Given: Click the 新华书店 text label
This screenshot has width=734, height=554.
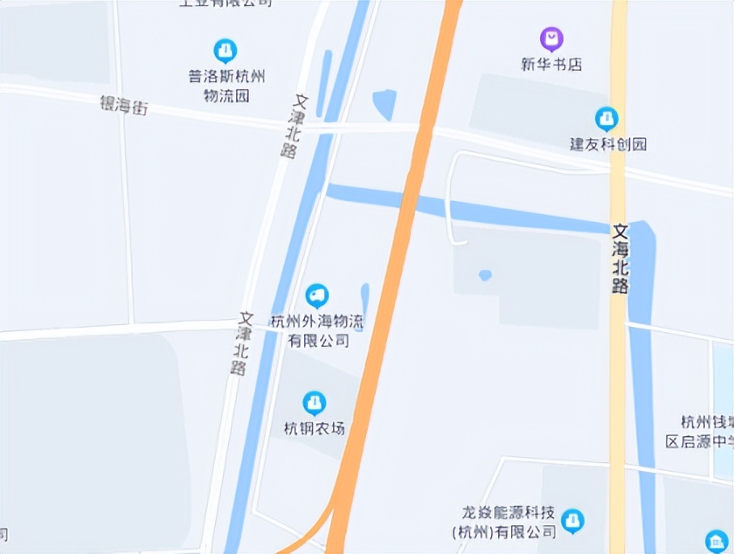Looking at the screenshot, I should (551, 65).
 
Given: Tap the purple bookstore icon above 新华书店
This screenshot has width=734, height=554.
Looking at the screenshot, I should (551, 38).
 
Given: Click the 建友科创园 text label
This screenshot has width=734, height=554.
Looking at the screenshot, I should (608, 145).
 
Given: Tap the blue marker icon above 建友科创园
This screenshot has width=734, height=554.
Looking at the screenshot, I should (606, 119).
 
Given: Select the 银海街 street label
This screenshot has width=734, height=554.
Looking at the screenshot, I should (124, 104).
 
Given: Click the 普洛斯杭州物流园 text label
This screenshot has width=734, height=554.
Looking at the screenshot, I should (226, 86).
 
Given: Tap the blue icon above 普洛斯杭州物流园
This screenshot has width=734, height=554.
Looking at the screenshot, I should (226, 51).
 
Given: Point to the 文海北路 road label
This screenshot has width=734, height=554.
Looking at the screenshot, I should (620, 259).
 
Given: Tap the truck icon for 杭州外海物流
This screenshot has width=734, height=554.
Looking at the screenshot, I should (317, 296).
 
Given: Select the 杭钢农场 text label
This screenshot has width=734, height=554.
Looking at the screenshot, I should (314, 428).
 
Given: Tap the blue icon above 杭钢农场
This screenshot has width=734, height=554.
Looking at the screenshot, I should (314, 401).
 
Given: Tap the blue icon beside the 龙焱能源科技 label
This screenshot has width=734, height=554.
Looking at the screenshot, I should (572, 521).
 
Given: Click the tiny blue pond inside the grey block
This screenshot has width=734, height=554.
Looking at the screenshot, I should (485, 275).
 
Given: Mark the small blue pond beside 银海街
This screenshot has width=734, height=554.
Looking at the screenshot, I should (385, 103).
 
